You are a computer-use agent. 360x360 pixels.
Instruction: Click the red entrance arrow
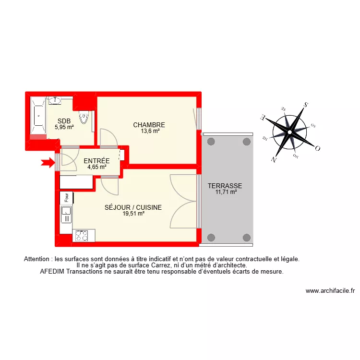[x=48, y=163]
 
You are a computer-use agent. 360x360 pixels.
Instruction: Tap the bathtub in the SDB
[x=37, y=115]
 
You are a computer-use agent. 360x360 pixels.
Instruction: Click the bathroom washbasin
[x=54, y=100]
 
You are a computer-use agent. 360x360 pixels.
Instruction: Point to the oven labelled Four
[x=66, y=197]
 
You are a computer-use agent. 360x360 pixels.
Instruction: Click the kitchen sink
[x=66, y=214]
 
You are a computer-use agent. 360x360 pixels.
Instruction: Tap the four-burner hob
[x=82, y=236]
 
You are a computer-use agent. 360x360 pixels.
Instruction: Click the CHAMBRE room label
[x=149, y=125]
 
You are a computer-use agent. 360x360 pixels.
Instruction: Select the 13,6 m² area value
[x=150, y=131]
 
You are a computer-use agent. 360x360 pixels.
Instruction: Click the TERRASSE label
[x=225, y=186]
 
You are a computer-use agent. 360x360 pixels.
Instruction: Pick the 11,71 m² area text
[x=227, y=192]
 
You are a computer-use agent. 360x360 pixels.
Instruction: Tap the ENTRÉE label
[x=96, y=161]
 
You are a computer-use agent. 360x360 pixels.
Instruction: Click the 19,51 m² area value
[x=133, y=214]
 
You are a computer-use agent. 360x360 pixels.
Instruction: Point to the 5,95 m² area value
[x=64, y=127]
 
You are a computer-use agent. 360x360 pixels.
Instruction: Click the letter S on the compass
[x=305, y=105]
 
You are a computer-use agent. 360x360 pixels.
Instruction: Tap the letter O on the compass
[x=317, y=148]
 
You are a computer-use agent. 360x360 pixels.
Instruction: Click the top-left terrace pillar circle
[x=211, y=142]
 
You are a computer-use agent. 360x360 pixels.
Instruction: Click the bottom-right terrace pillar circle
[x=247, y=237]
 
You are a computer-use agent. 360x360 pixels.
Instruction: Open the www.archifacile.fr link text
[x=330, y=291]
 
